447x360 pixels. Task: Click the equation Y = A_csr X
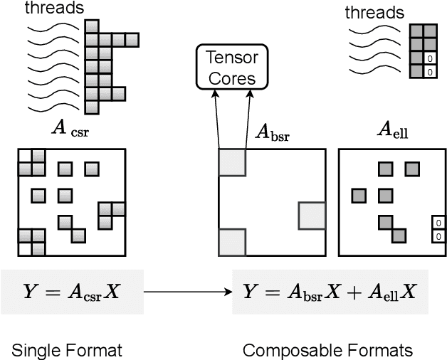[71, 291]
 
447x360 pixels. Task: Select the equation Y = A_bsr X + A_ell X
[330, 291]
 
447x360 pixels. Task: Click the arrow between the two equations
[188, 291]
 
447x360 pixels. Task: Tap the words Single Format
[66, 349]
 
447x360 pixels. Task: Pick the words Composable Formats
[327, 349]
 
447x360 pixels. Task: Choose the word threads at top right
[374, 13]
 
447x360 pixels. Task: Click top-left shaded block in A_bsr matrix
[231, 162]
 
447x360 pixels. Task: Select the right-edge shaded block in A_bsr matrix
[312, 216]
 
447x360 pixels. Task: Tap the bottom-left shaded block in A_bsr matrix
[231, 242]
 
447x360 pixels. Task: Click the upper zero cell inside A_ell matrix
[438, 224]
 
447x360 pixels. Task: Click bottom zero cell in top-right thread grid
[429, 72]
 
